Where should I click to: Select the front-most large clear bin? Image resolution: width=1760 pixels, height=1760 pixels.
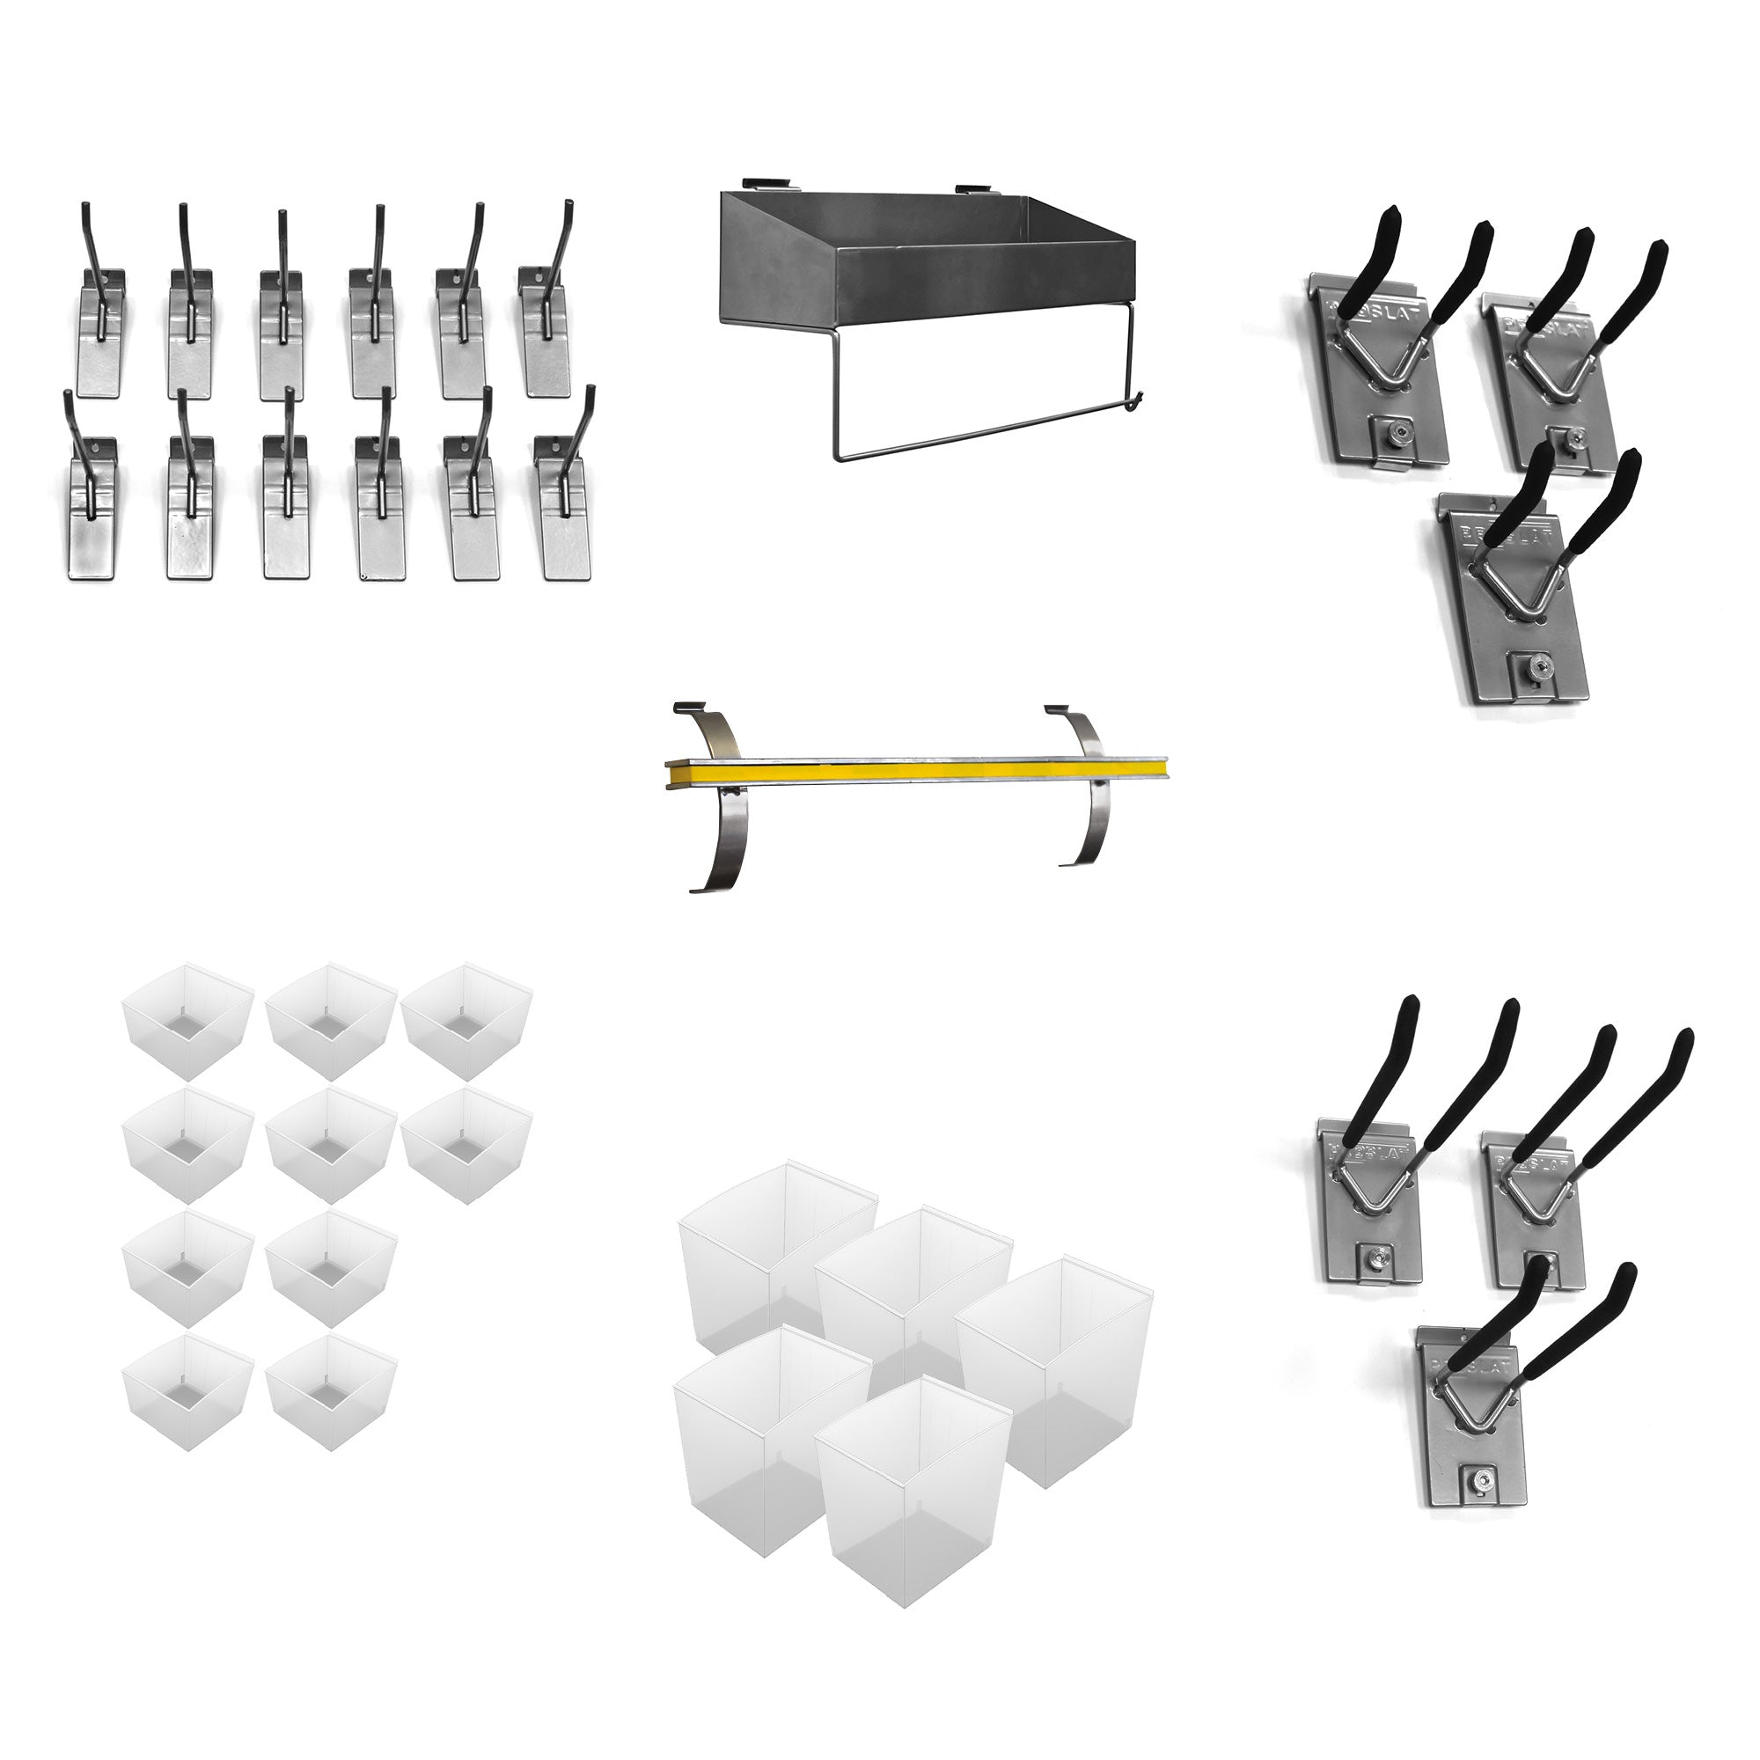pyautogui.click(x=911, y=1485)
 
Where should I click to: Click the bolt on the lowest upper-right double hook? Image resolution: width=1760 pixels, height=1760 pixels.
pyautogui.click(x=1530, y=665)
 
